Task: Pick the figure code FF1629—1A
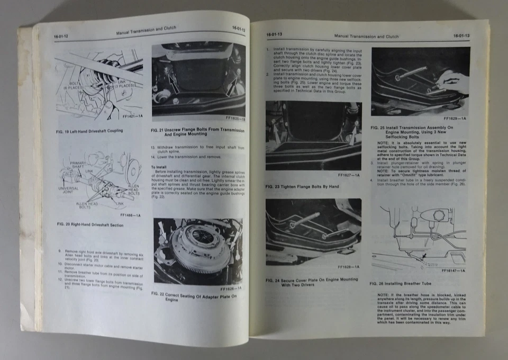[x=455, y=119]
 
